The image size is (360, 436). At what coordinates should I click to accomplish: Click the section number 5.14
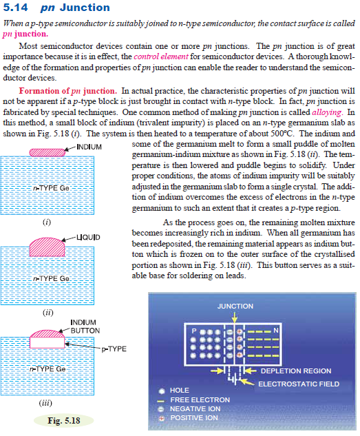coord(15,8)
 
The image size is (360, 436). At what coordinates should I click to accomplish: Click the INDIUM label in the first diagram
coord(89,147)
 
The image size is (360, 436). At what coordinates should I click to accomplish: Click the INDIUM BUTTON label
coord(84,326)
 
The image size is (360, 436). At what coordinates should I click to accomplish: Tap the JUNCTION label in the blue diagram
coord(235,306)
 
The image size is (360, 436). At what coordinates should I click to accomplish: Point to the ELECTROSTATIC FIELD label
coord(299,383)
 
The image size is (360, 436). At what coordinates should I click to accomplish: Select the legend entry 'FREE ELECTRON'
coord(200,399)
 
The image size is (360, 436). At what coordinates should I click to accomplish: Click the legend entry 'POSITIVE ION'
coord(195,417)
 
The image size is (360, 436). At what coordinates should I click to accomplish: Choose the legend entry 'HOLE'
coord(179,391)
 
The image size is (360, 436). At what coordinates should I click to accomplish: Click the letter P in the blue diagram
coord(193,331)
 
